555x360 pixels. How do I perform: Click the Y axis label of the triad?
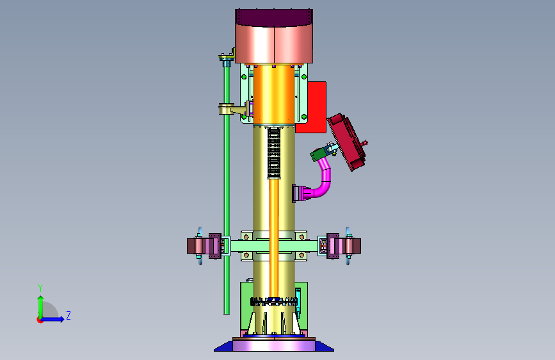coord(40,288)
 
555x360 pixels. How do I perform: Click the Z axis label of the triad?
coord(68,315)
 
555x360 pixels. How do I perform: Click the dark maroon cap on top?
coord(274,17)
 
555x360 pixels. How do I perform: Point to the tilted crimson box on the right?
coord(348,142)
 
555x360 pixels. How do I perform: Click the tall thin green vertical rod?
coord(227,188)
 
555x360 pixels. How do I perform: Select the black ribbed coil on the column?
coord(273,153)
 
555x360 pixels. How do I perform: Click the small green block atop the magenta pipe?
coord(318,154)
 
